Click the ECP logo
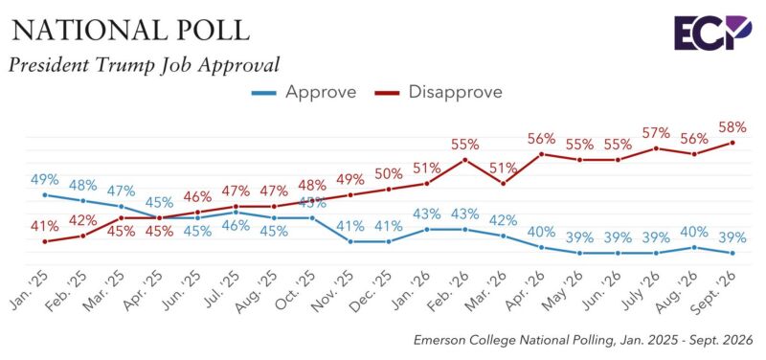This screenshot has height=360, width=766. click(x=712, y=33)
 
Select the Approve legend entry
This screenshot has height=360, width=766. click(x=304, y=92)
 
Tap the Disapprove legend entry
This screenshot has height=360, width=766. click(x=439, y=92)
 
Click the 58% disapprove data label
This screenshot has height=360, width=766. click(x=732, y=128)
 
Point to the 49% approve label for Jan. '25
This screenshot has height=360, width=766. click(x=44, y=180)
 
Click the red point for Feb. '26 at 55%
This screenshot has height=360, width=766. click(x=465, y=160)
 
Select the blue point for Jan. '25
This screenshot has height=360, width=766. click(x=45, y=195)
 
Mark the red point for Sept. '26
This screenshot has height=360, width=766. click(x=732, y=143)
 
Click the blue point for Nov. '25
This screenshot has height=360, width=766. click(x=350, y=241)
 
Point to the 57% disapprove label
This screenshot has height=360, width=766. click(x=656, y=133)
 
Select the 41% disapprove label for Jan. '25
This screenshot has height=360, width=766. click(x=44, y=226)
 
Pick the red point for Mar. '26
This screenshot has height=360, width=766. click(x=504, y=183)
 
